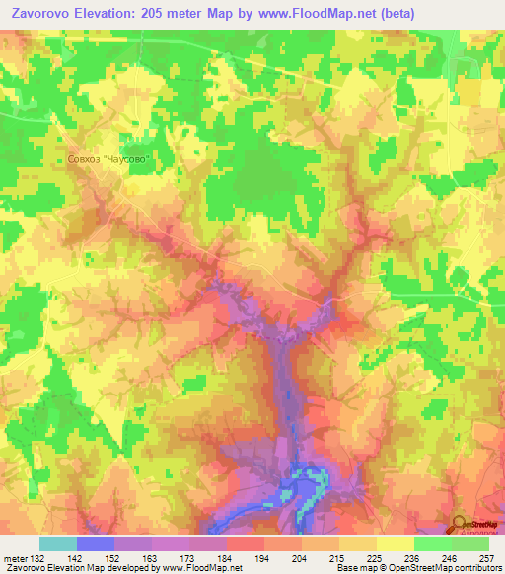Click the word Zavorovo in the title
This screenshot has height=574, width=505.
pyautogui.click(x=44, y=13)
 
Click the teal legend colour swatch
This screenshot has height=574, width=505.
pyautogui.click(x=58, y=543)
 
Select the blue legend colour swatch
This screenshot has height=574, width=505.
pyautogui.click(x=96, y=543)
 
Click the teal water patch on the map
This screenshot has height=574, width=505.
pyautogui.click(x=306, y=480)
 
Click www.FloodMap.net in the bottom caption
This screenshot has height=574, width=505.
pyautogui.click(x=202, y=568)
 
